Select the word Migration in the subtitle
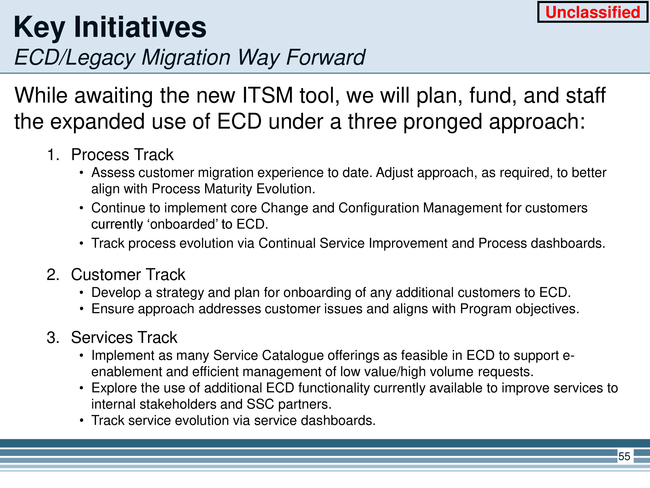click(x=186, y=57)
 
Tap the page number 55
click(x=624, y=456)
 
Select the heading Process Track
click(x=122, y=155)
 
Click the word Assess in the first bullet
click(x=113, y=173)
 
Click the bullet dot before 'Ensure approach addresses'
click(x=82, y=309)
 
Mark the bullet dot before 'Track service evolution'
click(x=82, y=421)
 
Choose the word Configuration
click(x=379, y=208)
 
